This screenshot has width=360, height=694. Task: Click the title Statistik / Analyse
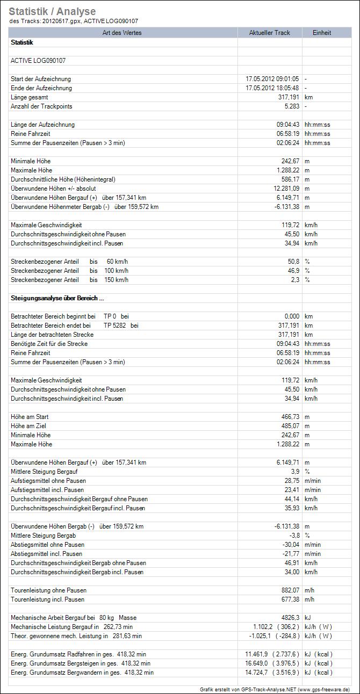(x=52, y=11)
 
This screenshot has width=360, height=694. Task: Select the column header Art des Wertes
(x=123, y=33)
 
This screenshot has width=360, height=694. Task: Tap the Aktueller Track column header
(x=269, y=33)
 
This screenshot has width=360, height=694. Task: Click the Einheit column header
(x=322, y=33)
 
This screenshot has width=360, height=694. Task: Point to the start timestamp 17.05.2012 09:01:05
(x=272, y=79)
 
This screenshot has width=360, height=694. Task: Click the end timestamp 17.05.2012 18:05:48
(x=272, y=88)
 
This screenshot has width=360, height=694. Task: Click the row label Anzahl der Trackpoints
(x=41, y=106)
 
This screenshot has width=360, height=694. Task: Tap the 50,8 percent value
(x=293, y=262)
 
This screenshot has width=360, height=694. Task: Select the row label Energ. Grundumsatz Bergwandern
(x=82, y=673)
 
